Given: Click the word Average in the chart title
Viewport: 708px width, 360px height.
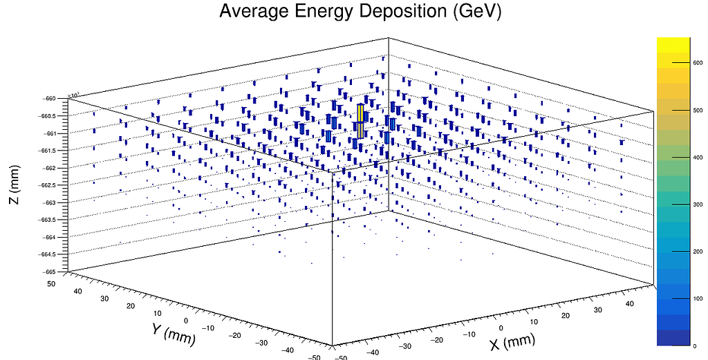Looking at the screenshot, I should [254, 12].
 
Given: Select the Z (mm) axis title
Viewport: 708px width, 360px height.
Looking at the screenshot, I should [14, 184].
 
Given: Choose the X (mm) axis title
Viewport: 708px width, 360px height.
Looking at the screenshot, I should [512, 341].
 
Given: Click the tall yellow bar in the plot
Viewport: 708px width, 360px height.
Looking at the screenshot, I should [361, 114].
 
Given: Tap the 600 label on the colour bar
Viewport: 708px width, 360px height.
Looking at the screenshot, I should [697, 62].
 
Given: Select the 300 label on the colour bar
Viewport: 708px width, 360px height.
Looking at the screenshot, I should [697, 205].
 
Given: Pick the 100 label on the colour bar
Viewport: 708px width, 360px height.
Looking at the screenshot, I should [697, 299].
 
